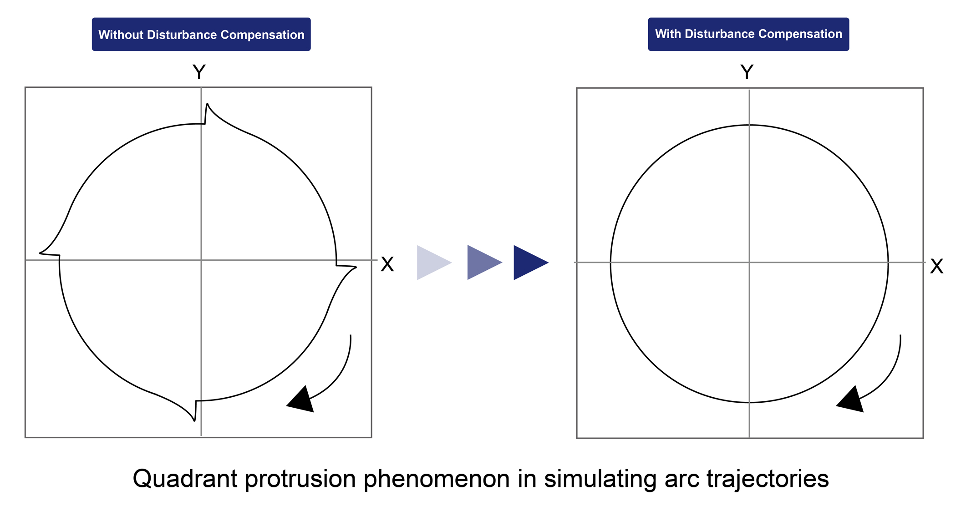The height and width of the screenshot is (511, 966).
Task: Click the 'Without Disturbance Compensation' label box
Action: tap(201, 34)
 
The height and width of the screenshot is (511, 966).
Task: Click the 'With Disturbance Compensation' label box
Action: tap(748, 34)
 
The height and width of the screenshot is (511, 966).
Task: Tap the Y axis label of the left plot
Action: tap(199, 72)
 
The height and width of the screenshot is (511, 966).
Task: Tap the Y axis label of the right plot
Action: tap(747, 72)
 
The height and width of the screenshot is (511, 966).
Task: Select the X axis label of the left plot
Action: tap(387, 264)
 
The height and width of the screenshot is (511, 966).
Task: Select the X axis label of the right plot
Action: tap(936, 266)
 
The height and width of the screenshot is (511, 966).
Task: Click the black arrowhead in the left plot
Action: tap(302, 400)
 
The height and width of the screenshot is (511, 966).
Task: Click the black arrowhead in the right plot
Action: tap(852, 400)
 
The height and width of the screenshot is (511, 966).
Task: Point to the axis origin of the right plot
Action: tap(749, 263)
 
